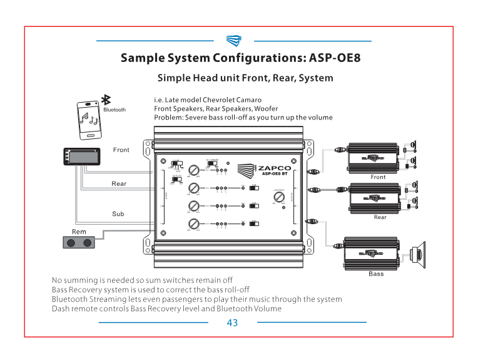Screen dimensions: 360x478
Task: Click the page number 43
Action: tap(232, 323)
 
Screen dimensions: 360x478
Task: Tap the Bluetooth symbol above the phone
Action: tap(106, 100)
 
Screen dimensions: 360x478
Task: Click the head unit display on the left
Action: tap(82, 156)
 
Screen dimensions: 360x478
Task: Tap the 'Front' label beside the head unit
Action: tap(121, 150)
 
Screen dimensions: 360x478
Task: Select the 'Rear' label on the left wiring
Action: tap(119, 184)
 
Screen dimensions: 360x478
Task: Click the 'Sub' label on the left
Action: tap(118, 214)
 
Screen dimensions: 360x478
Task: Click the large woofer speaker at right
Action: tap(417, 254)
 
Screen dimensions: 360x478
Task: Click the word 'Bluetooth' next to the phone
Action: tap(114, 110)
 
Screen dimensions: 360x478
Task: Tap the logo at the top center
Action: tap(233, 41)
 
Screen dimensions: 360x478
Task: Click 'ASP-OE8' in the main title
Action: tap(335, 59)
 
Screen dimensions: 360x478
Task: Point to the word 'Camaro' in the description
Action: tap(248, 100)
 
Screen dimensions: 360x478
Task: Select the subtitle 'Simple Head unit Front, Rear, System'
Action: tap(245, 78)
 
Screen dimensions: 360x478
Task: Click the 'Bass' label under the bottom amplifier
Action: tap(376, 274)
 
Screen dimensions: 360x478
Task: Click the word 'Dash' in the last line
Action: tap(61, 309)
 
